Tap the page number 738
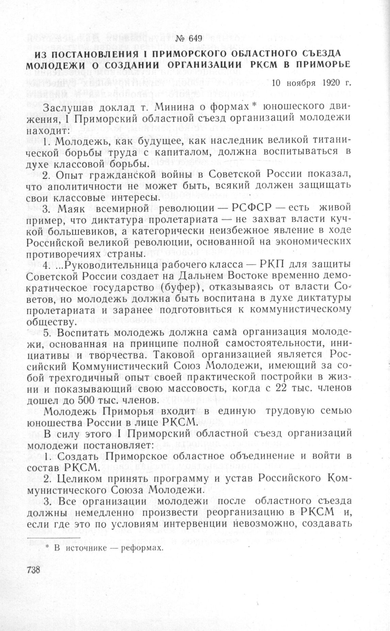pyautogui.click(x=33, y=570)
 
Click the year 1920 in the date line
pyautogui.click(x=329, y=82)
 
